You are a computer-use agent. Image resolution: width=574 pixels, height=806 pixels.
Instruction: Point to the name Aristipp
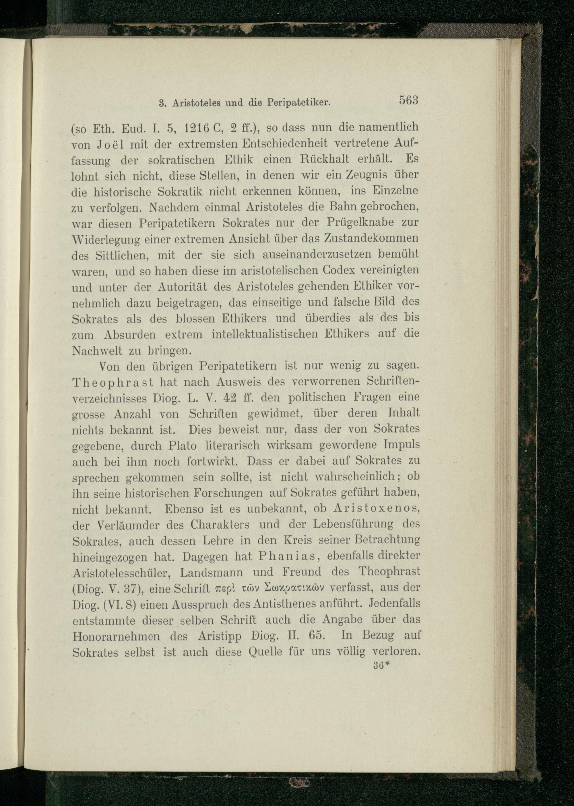(x=220, y=636)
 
